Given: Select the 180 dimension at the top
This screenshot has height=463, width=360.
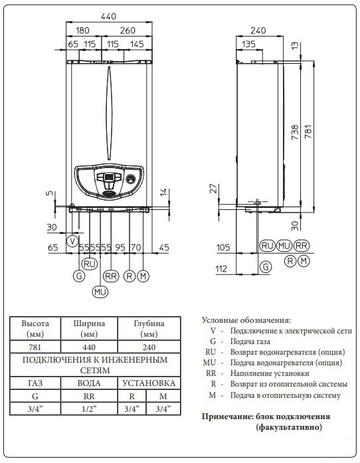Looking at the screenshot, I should coord(83,31).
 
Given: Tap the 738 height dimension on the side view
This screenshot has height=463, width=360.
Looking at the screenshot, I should coord(296,132).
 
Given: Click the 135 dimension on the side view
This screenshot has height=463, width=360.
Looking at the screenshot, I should coord(248,44).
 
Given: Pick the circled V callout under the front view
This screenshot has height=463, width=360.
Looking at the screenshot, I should coord(73,239).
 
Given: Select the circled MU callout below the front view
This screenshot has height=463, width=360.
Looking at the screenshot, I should coord(100,291).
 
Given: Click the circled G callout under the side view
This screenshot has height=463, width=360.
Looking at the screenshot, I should coord(266,267).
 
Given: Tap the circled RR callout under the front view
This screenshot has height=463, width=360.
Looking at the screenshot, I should coord(111,276).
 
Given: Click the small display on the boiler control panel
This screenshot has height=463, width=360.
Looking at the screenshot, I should coord(108,177).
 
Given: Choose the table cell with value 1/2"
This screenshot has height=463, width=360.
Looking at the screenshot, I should coord(89,409).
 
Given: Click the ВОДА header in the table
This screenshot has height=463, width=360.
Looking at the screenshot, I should coord(89,383).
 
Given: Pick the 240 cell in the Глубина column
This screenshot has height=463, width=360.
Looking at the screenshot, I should coord(149,346).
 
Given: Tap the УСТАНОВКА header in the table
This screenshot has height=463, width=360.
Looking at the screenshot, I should coord(149,383).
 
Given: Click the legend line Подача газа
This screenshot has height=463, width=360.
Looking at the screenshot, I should coord(252,341).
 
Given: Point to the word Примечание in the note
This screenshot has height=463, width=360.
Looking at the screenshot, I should coord(226,417).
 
